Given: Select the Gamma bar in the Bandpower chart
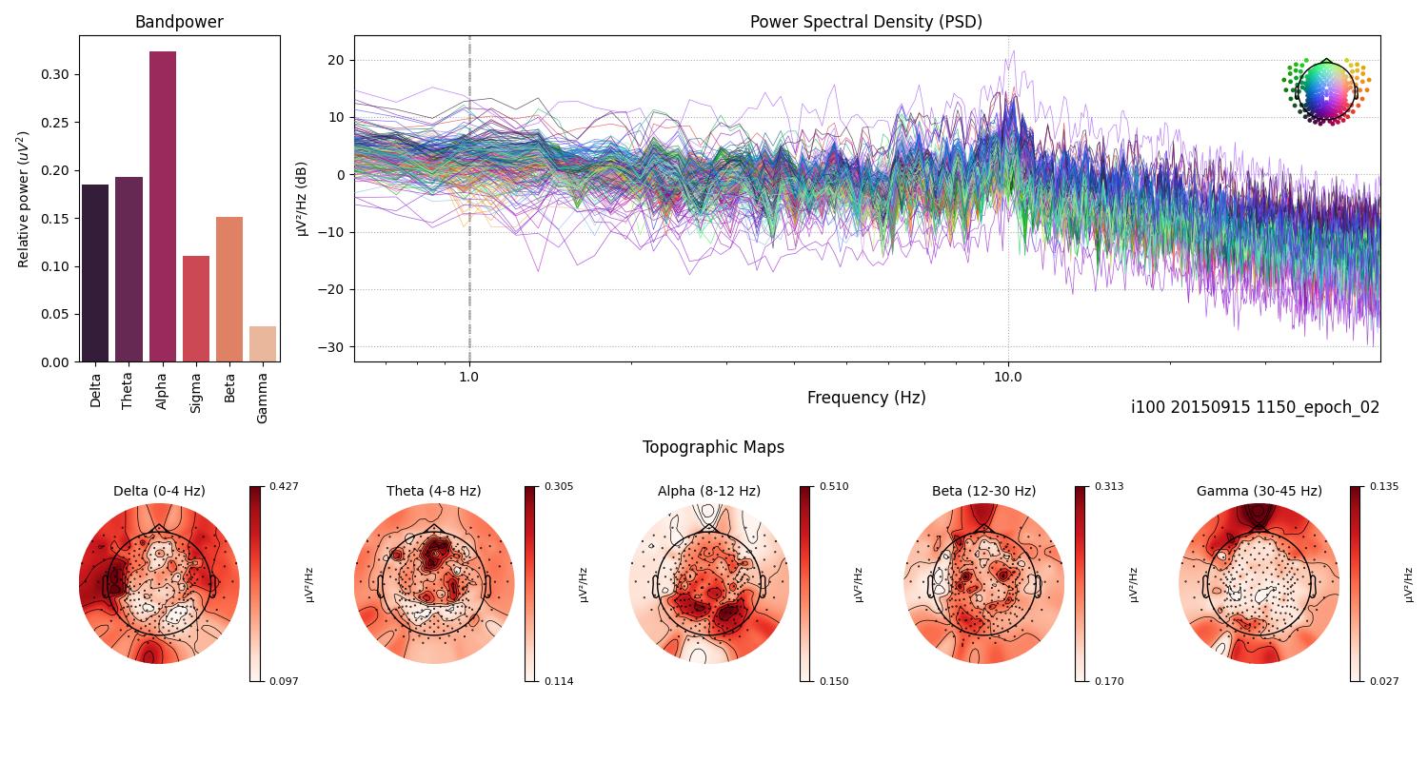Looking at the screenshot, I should point(263,343).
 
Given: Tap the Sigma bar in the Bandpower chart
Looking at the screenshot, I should point(196,308).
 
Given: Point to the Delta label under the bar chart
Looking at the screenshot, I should point(95,390).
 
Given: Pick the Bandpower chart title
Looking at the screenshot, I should point(179,22).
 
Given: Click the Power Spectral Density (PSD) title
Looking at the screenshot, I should point(865,22).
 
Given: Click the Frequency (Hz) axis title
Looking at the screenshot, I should point(865,398).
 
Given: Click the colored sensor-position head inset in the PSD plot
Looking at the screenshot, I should point(1325,90).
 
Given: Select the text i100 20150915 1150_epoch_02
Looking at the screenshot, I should point(1255,407).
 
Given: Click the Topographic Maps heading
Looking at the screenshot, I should point(713,447).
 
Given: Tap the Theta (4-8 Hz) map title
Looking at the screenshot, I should point(433,491).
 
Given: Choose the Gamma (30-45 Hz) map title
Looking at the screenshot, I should point(1259,491).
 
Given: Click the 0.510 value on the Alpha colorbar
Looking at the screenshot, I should point(835,486).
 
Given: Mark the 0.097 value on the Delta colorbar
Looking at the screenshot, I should point(285,681).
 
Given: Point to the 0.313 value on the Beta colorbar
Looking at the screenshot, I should point(1110,486).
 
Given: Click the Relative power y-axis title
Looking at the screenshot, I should point(24,199).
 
